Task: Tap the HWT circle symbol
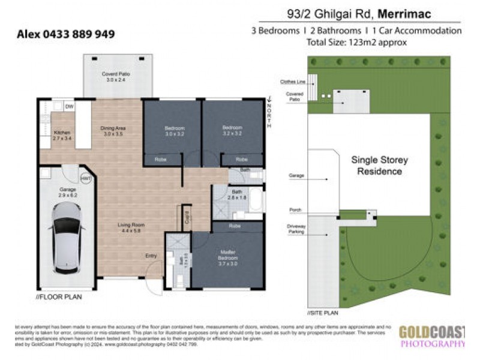[87, 178]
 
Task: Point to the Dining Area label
[113, 131]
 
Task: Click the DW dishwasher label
[69, 106]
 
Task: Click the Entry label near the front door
[152, 256]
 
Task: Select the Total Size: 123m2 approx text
[356, 42]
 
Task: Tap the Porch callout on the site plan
[294, 210]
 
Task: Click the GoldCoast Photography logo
[432, 335]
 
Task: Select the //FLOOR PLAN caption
[60, 296]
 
